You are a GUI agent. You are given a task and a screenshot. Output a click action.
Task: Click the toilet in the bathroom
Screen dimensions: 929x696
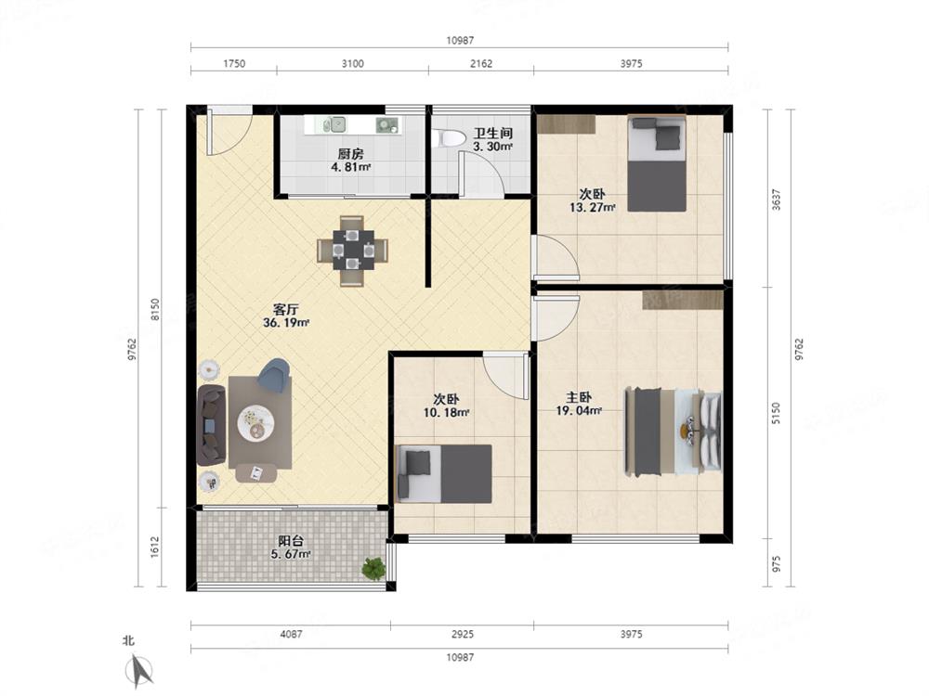449,138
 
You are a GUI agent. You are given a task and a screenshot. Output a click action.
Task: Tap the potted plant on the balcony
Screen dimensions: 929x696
373,568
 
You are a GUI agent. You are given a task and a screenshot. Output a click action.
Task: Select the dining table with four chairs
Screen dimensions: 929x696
352,251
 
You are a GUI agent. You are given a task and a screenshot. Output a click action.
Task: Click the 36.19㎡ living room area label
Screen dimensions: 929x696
286,323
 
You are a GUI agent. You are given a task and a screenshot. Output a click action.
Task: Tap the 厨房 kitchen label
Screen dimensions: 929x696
351,154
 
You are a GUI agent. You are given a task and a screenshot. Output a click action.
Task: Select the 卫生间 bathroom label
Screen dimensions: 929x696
492,133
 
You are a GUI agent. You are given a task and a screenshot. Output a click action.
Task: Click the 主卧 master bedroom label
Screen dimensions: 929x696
579,397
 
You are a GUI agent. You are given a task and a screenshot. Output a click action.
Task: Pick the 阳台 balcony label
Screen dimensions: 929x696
291,541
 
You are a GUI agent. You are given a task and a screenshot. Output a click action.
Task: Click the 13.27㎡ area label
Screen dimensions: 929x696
593,207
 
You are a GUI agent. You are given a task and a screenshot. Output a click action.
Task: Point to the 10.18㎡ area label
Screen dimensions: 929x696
447,413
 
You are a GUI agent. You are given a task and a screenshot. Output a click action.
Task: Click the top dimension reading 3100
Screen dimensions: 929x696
352,64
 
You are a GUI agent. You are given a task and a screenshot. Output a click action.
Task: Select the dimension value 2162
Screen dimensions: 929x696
481,64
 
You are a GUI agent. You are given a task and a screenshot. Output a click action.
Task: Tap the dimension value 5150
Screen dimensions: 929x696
776,413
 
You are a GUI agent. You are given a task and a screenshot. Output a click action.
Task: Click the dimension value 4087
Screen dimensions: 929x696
291,635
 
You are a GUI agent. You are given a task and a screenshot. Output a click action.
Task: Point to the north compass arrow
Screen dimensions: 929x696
140,670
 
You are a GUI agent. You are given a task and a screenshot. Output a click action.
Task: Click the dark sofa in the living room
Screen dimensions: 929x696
212,425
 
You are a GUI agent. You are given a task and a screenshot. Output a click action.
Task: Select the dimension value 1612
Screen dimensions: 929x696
154,547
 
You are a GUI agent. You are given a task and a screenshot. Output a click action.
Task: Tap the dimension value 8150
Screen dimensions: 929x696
154,310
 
